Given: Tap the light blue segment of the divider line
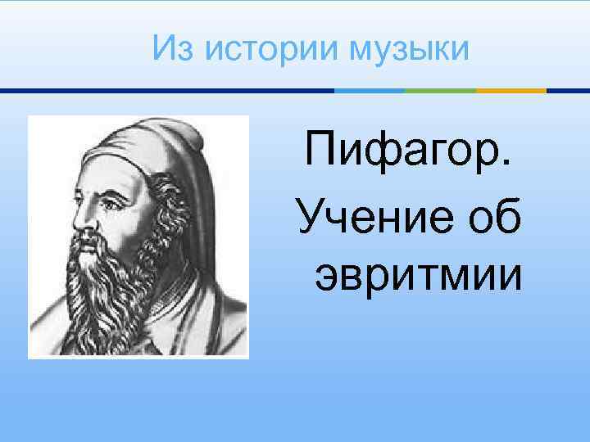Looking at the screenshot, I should click(369, 91).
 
